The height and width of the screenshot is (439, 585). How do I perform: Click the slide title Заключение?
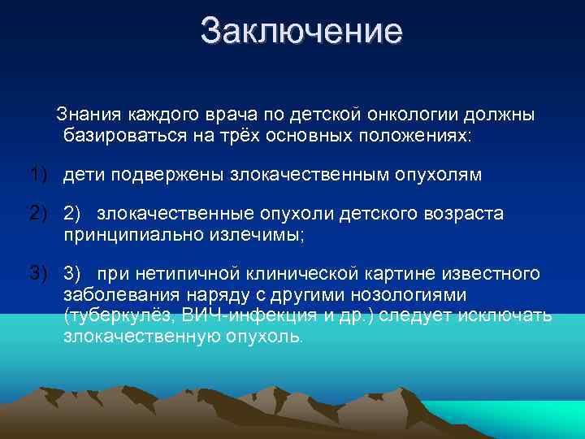pyautogui.click(x=301, y=32)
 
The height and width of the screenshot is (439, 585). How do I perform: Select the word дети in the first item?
pyautogui.click(x=85, y=174)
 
